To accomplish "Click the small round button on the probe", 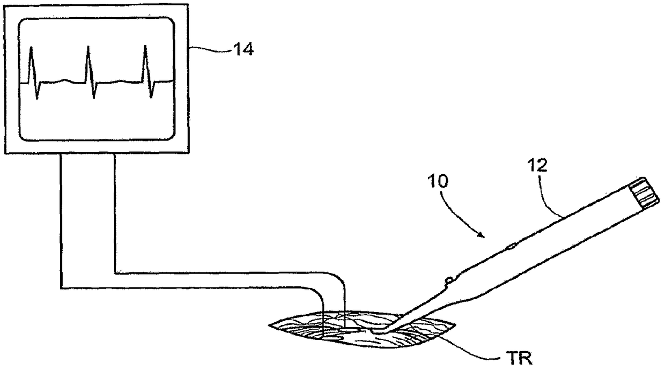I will coord(448,279).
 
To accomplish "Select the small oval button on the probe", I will coord(511,247).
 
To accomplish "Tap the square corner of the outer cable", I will coord(61,288).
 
